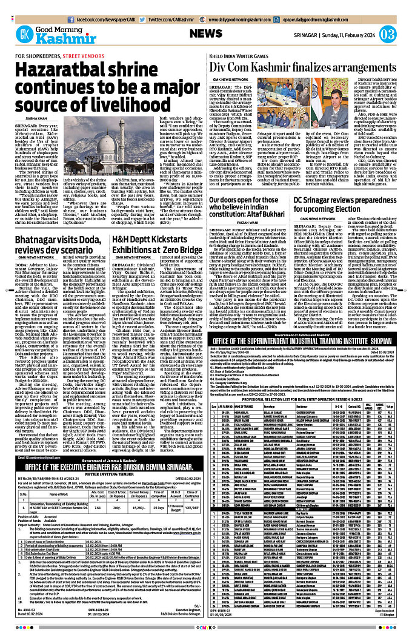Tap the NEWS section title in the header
(x=210, y=34)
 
